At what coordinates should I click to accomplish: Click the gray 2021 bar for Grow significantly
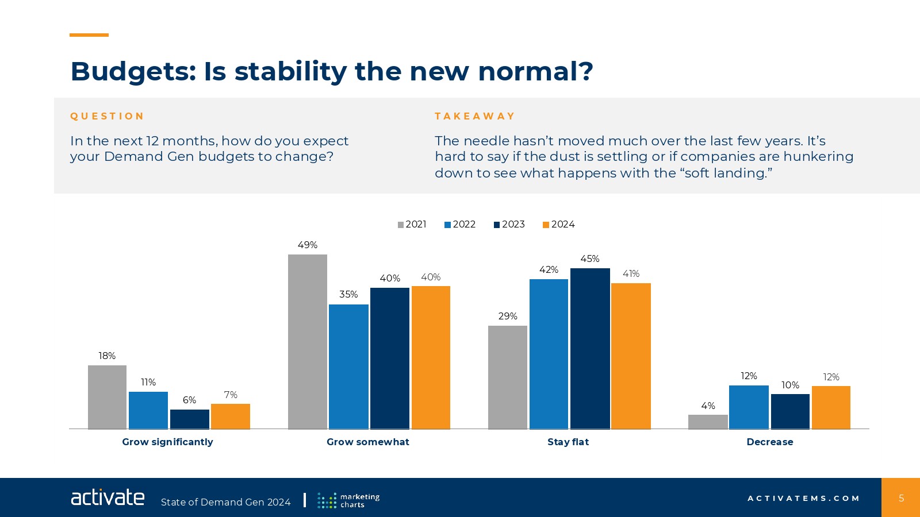107,397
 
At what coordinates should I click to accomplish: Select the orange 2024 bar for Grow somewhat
431,357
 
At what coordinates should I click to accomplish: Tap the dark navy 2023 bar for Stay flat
590,348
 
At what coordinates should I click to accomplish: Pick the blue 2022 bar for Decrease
749,407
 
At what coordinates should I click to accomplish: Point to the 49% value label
308,245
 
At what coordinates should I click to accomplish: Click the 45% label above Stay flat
590,259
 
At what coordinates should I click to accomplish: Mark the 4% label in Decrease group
708,406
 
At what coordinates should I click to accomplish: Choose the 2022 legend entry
460,225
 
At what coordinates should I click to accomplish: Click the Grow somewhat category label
368,442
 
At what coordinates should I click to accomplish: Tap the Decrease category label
769,442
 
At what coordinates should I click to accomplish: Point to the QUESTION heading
107,116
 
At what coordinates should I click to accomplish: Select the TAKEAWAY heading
474,116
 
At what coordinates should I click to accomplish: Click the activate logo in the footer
108,497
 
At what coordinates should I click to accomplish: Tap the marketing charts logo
348,500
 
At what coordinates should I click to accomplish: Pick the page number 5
901,498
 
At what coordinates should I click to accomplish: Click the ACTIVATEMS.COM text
803,498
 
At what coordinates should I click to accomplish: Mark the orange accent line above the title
89,35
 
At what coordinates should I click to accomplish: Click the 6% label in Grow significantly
189,400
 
